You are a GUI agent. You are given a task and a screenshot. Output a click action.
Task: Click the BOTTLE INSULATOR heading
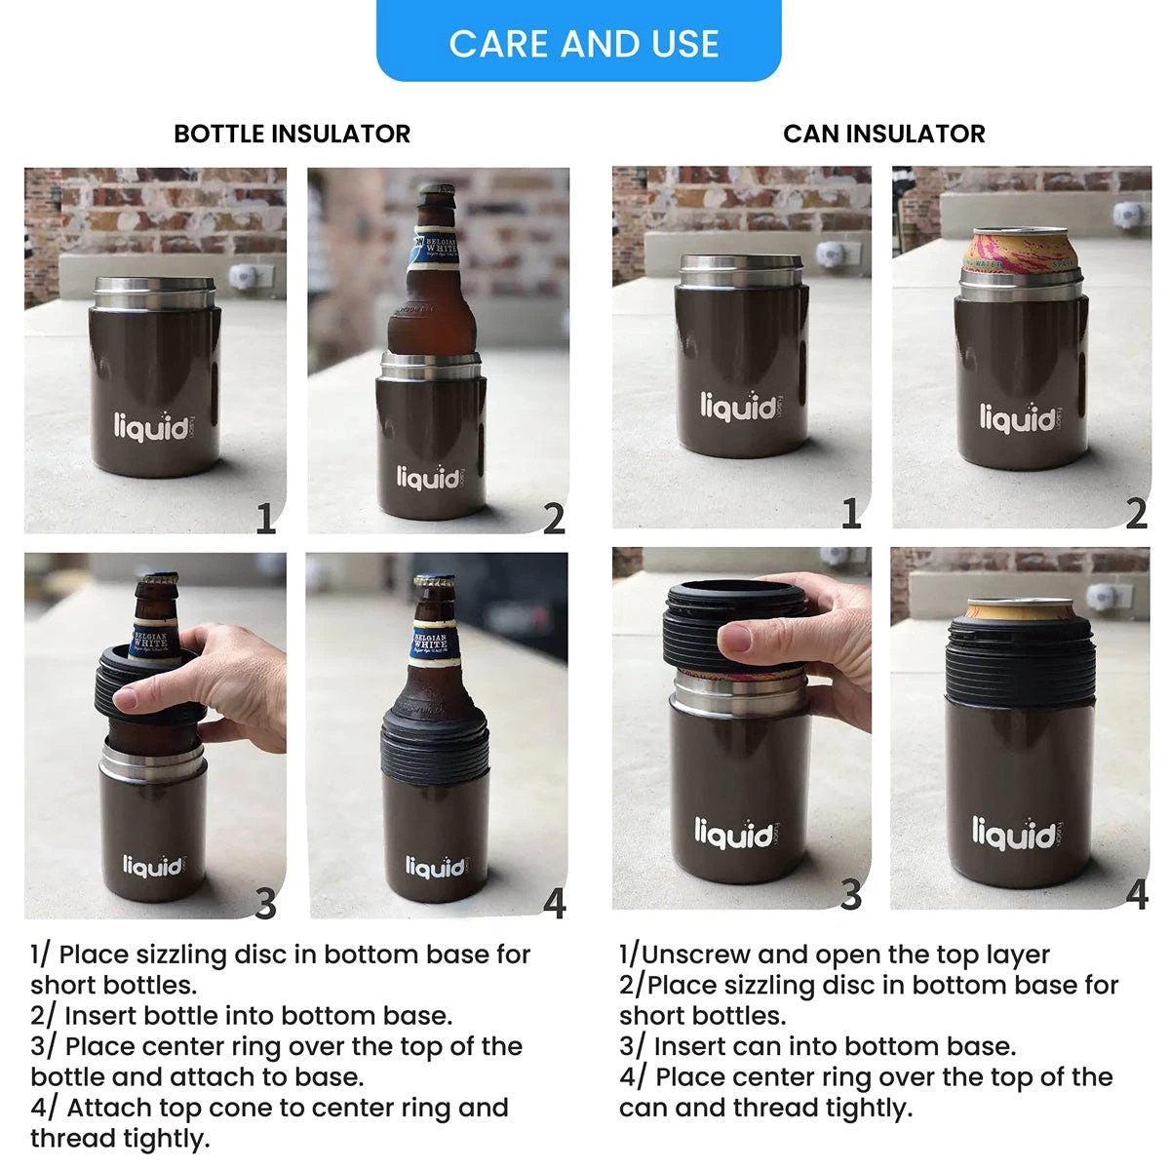pos(292,134)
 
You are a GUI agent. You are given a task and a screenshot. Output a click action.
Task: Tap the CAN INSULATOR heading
pos(884,134)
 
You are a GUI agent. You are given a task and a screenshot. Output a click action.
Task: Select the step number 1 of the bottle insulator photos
pos(265,519)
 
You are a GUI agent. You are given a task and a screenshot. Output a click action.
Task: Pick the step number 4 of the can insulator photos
pos(1137,894)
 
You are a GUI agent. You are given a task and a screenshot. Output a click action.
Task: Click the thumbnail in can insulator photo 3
pos(735,638)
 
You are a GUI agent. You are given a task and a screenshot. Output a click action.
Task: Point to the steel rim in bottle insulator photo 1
pos(155,292)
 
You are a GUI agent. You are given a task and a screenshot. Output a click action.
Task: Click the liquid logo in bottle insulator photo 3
pos(153,865)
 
